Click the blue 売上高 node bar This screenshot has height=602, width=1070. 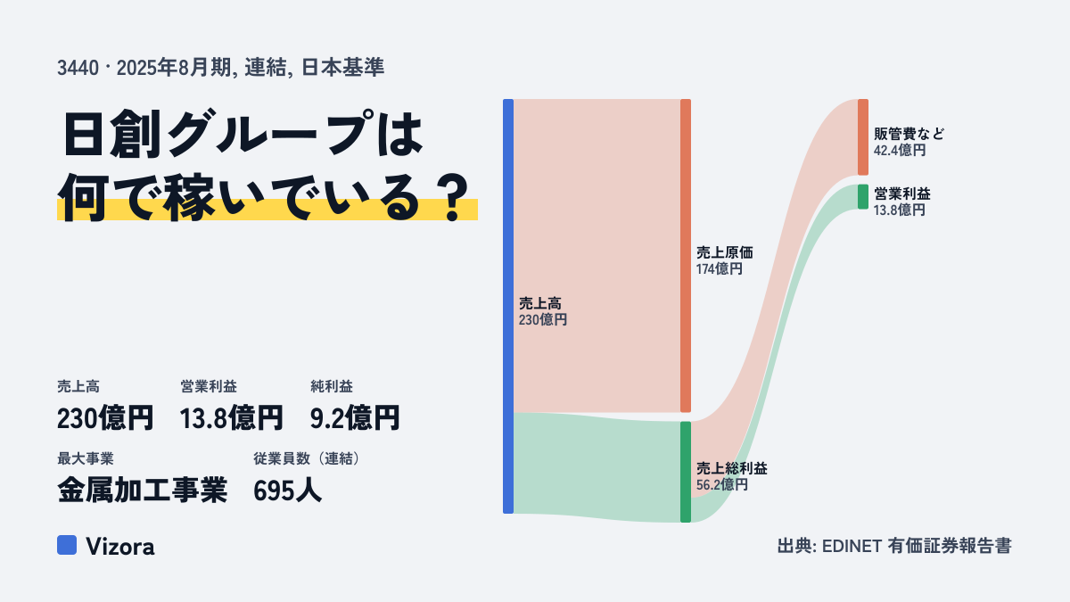pos(508,306)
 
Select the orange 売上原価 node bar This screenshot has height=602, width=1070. pos(686,256)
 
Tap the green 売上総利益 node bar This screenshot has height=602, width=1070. pos(686,472)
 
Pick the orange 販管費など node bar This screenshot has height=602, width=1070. pos(863,137)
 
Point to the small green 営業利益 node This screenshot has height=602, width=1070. pos(863,197)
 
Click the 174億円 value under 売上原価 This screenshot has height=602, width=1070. pos(719,269)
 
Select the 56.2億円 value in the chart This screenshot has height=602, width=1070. pos(721,485)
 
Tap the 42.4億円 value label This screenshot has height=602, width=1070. pos(900,150)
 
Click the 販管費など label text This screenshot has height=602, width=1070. pos(909,134)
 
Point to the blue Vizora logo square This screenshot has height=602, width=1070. pos(67,545)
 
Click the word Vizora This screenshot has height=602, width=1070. pos(120,547)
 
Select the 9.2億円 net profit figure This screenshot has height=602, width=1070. pos(355,418)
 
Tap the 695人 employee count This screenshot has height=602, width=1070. pos(287,491)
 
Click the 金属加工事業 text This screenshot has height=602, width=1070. pos(142,491)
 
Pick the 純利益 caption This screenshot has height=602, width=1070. pos(332,386)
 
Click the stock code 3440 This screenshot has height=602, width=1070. pos(78,68)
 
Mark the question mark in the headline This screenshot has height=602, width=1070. pos(453,197)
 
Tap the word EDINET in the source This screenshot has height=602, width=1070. pos(852,546)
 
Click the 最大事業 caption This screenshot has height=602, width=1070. pos(86,458)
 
